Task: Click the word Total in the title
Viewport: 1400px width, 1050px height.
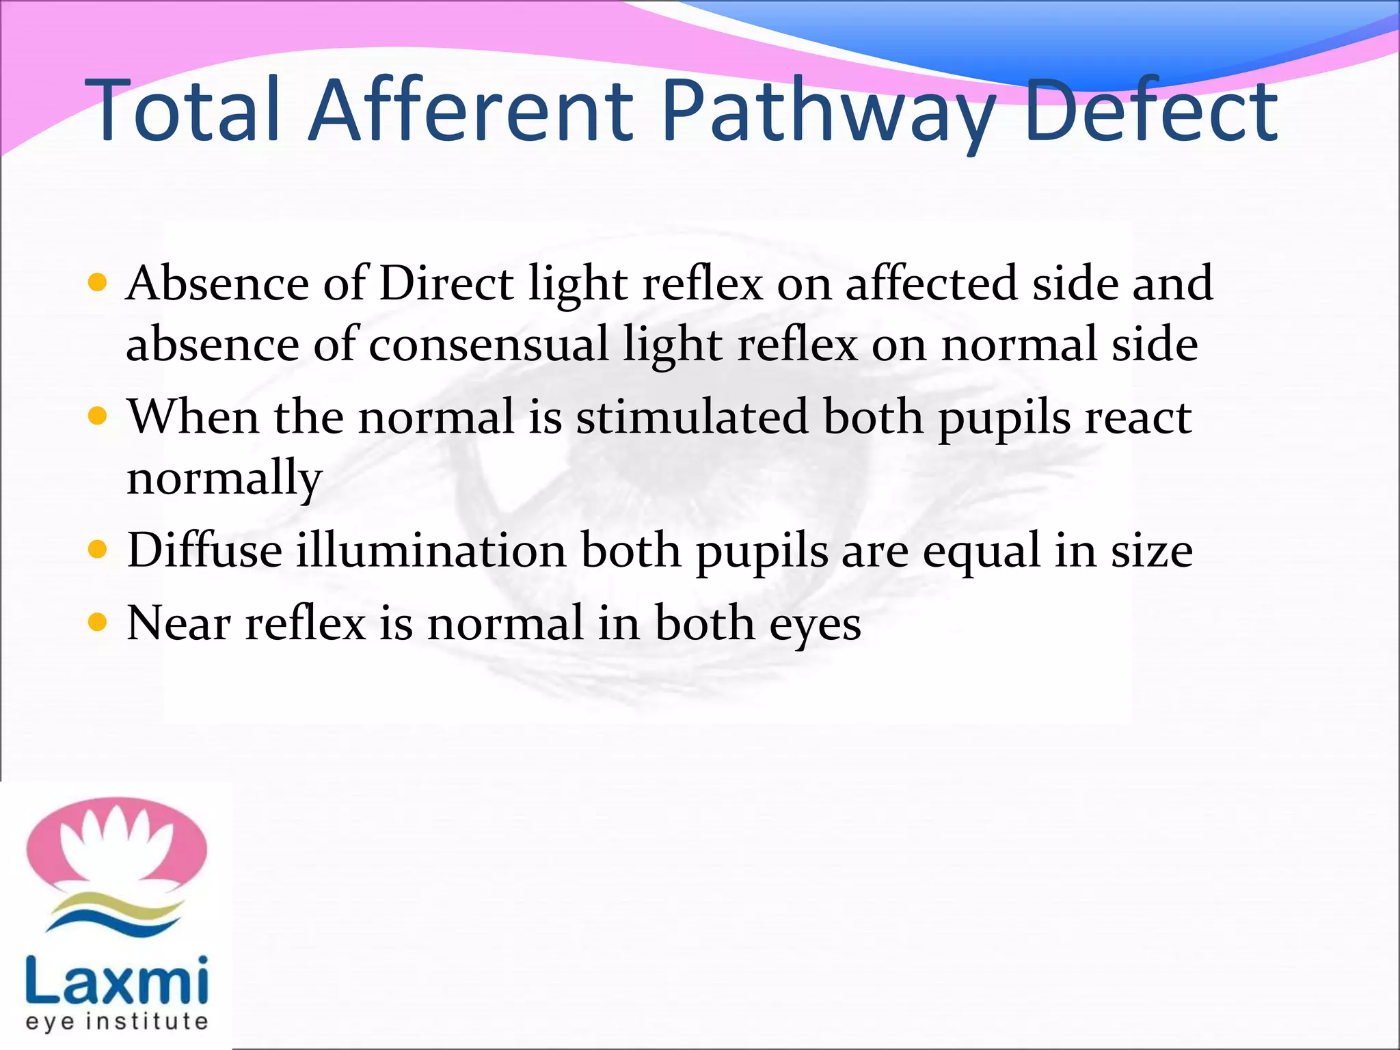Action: (183, 111)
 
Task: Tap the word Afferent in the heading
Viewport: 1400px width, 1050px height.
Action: (471, 111)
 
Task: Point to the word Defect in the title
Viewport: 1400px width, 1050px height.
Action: (1150, 111)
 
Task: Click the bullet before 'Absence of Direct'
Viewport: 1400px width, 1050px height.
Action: (98, 283)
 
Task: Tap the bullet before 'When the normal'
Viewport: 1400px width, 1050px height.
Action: (98, 416)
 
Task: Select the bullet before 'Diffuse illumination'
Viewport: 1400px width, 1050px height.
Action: (98, 550)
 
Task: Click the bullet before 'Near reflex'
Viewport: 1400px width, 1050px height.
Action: (98, 623)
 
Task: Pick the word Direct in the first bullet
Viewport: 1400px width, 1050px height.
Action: (446, 283)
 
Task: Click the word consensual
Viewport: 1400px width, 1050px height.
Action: (488, 344)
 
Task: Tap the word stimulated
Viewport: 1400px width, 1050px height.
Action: (692, 416)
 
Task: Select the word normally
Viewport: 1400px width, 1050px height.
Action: (224, 478)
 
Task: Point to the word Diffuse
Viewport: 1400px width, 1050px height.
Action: (204, 550)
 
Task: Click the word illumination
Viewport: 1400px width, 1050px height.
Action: (431, 550)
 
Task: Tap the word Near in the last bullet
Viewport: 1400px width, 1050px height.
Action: (178, 623)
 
